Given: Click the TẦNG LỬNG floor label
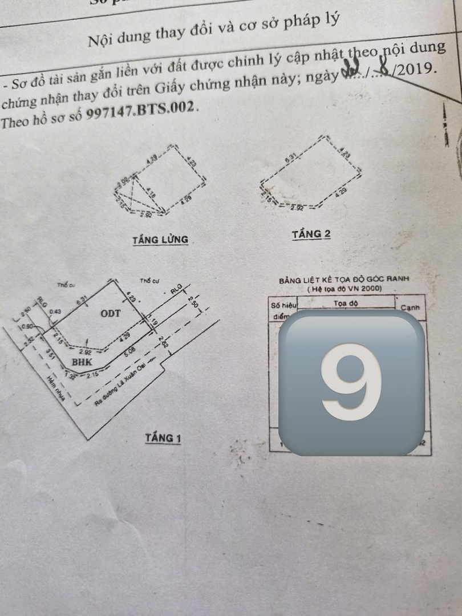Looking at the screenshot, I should (160, 240).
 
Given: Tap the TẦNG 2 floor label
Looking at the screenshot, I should (311, 234).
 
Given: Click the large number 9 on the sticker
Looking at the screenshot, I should (351, 382).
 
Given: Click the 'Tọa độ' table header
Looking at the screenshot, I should (346, 303).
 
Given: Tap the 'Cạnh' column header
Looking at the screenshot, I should (410, 307).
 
